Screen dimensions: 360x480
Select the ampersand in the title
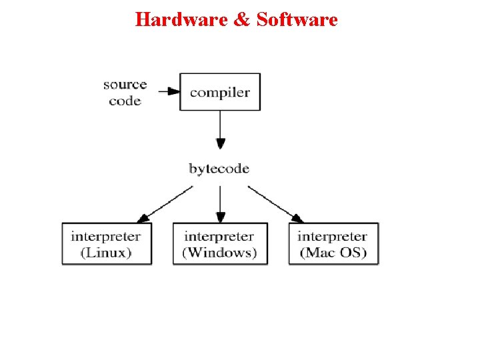click(x=241, y=19)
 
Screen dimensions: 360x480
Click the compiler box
click(x=221, y=92)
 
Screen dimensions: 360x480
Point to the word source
click(x=125, y=85)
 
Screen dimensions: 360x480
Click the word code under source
click(x=125, y=101)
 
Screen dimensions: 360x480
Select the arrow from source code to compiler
click(x=169, y=91)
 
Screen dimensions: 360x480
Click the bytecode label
click(x=219, y=169)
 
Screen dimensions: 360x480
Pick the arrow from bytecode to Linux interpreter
click(x=165, y=204)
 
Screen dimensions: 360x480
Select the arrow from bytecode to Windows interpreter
click(x=221, y=203)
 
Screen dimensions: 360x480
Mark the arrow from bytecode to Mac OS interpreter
click(x=275, y=204)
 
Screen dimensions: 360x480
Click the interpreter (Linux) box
click(x=107, y=244)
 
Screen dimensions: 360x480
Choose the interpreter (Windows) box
click(x=220, y=244)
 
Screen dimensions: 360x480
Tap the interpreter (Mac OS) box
click(x=333, y=244)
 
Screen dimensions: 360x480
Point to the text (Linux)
click(x=106, y=253)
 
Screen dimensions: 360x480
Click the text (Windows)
click(x=219, y=253)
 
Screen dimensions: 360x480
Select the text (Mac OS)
click(x=333, y=253)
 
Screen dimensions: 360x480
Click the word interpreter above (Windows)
click(x=219, y=237)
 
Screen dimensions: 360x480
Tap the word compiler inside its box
click(x=220, y=92)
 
